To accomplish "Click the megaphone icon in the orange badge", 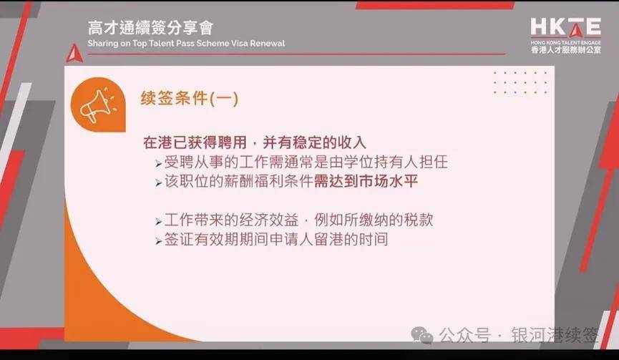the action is tap(97, 105).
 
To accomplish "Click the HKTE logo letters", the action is tap(566, 27).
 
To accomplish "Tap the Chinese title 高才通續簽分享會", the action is tap(150, 28).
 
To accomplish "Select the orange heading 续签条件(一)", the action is tap(190, 98).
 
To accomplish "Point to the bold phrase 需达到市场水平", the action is tap(366, 181).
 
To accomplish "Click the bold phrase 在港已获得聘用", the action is tap(195, 142).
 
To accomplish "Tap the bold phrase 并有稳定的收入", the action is tap(314, 142).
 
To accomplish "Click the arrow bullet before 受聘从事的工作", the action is tap(159, 163).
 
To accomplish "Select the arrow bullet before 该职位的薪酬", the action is tap(159, 183).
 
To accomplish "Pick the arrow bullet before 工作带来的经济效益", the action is tap(159, 221).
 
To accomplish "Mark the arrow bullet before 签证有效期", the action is tap(159, 240).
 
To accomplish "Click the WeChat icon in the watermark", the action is tap(422, 335).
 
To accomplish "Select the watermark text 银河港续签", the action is tap(555, 335).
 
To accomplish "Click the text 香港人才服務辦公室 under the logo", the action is tap(566, 49).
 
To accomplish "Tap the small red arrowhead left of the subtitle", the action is tap(74, 53).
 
